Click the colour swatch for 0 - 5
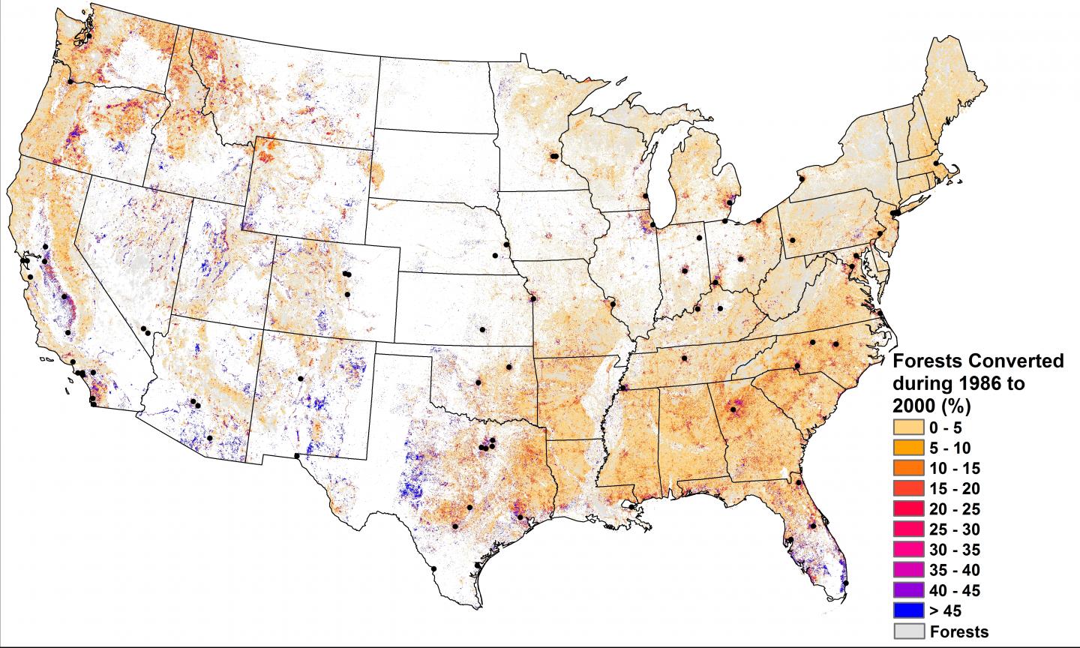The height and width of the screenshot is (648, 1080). pos(908,427)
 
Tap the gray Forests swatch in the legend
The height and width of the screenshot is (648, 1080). pos(908,631)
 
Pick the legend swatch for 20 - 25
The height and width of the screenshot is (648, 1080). pos(908,508)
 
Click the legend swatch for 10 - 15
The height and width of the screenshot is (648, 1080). pos(908,468)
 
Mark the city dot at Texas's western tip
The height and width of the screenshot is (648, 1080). pos(297,456)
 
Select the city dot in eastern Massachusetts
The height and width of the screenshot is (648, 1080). pos(935,163)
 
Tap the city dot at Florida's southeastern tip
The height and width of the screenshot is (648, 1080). pos(846,583)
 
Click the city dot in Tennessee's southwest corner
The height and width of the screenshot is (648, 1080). pos(623,388)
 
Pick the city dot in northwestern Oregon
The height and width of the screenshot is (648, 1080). pos(70,81)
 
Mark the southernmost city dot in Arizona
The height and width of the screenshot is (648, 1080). pos(210,438)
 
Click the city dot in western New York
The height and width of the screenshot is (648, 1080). pos(801,180)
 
